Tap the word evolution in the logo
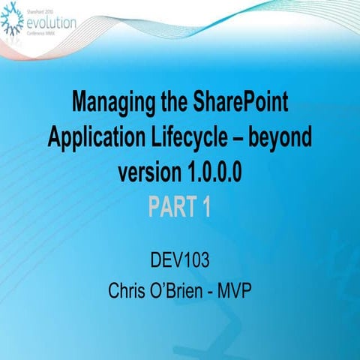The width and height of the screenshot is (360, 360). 50,22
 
